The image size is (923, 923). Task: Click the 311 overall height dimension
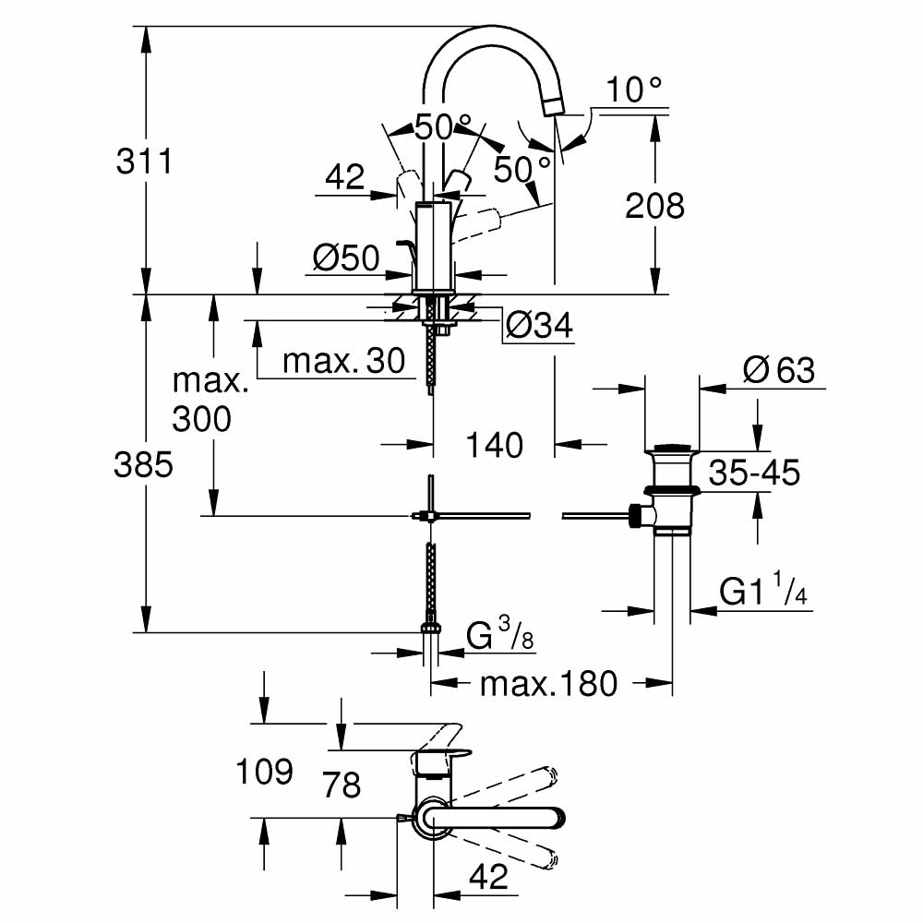point(144,162)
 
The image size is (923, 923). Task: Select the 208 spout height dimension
point(654,205)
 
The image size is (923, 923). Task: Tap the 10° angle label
point(635,90)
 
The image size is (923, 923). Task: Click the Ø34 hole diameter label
point(540,325)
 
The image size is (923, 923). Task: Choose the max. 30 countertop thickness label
point(344,362)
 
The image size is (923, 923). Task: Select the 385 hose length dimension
point(143,466)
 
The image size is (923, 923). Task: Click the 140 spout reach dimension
point(494,445)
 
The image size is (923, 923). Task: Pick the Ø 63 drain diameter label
point(779,370)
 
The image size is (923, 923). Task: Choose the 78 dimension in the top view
point(341,785)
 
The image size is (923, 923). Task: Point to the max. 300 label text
point(210,401)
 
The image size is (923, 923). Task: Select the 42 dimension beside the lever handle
point(346,177)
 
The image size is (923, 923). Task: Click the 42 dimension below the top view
point(488,877)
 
